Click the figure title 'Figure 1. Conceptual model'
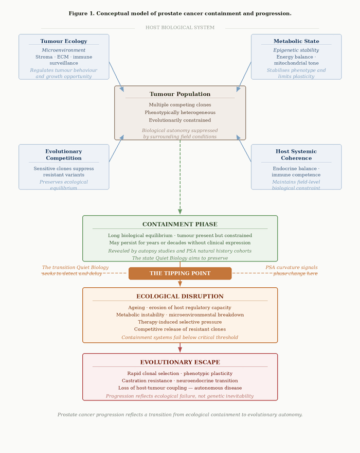point(180,13)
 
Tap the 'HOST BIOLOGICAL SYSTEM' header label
point(180,27)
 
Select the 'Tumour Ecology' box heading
point(64,41)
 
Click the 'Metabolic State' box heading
point(296,41)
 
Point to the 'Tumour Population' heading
point(180,94)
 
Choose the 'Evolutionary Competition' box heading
point(64,155)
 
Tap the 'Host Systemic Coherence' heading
point(296,155)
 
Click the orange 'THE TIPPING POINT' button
point(180,273)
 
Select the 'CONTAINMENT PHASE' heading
point(180,224)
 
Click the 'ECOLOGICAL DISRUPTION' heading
point(180,297)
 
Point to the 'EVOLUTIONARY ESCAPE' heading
point(180,362)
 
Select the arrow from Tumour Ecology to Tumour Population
point(116,77)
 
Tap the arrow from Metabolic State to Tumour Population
point(244,77)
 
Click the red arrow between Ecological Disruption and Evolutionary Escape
point(180,348)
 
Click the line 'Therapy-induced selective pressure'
point(180,322)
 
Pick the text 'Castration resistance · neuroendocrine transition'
point(180,381)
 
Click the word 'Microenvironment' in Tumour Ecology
point(64,50)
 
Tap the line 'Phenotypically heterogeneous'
point(180,113)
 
